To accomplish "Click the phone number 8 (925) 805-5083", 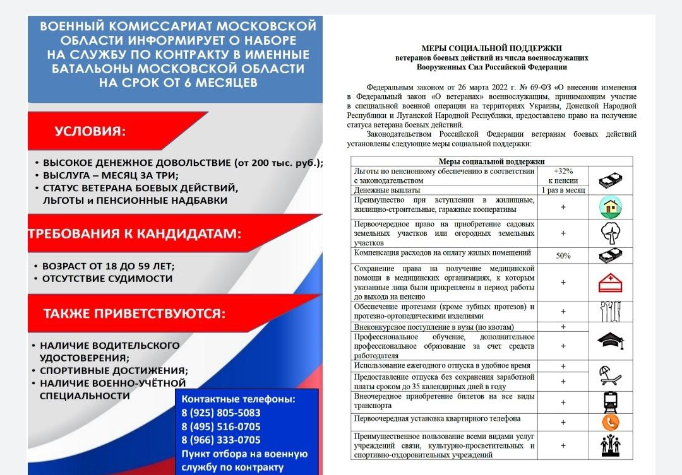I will [x=220, y=413].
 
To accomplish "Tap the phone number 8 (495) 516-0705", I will [x=220, y=426].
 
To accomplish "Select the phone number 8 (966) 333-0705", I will [x=220, y=440].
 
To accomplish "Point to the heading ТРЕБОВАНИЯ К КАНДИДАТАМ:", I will [x=134, y=234].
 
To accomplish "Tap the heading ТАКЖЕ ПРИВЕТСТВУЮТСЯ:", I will [x=134, y=314].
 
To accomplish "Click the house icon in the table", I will [x=610, y=207].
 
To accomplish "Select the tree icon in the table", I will [x=610, y=233].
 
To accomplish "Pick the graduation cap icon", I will [x=610, y=341].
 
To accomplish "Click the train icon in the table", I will [x=610, y=402].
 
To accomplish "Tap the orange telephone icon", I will [x=610, y=421].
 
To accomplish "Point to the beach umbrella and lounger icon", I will [x=610, y=375].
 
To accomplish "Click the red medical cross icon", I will [x=610, y=283].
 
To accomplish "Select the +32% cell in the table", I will [x=563, y=175].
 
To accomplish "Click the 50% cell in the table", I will [x=563, y=255].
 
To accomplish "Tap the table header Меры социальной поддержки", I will [x=491, y=161].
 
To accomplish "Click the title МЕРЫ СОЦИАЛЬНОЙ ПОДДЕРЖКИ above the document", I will [x=491, y=48].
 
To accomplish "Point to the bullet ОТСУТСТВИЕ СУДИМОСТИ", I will [x=107, y=279].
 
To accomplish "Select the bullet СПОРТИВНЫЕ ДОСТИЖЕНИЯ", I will [x=114, y=371].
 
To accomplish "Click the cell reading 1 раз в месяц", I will [x=563, y=190].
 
